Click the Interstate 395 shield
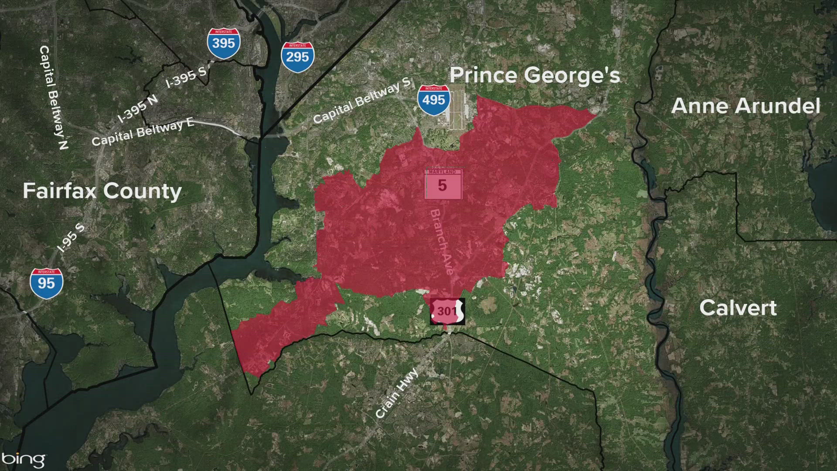(224, 43)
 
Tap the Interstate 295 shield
(297, 57)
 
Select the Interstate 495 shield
(433, 100)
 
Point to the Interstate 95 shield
(46, 283)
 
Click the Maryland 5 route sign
(442, 184)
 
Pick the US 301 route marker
(447, 311)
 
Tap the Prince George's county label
(534, 75)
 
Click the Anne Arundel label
(745, 106)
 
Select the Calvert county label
(738, 308)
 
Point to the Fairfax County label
(102, 191)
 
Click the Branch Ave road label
(442, 242)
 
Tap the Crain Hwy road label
(397, 393)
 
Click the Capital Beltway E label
(143, 132)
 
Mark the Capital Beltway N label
(53, 97)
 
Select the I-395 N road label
(137, 109)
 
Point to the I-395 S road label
(186, 77)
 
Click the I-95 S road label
(71, 237)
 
